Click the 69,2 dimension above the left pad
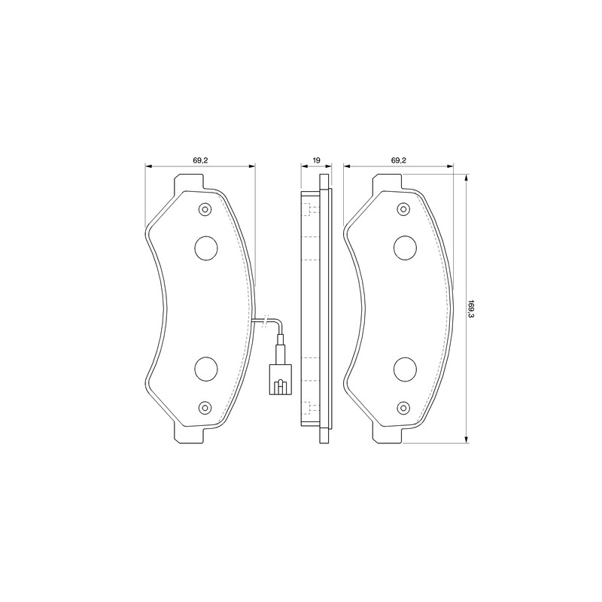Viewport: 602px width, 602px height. [x=200, y=160]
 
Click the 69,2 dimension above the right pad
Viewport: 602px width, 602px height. [x=399, y=160]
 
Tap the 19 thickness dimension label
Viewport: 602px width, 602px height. [x=316, y=160]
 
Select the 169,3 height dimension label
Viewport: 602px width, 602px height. [x=471, y=309]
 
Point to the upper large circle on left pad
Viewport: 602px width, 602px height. [x=206, y=248]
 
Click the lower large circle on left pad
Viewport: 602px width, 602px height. [x=206, y=369]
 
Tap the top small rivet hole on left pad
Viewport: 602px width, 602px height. [x=205, y=209]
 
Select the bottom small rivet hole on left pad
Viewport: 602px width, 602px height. [x=205, y=407]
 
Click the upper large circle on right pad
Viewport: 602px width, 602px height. [x=405, y=248]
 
